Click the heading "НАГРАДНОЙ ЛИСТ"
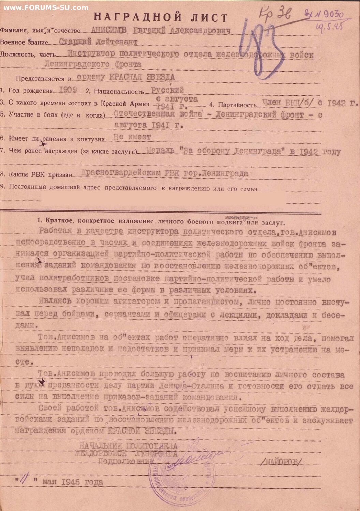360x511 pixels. (x=161, y=17)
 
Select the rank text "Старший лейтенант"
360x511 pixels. (x=98, y=42)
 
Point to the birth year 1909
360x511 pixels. (x=68, y=90)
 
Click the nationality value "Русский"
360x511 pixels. (x=167, y=90)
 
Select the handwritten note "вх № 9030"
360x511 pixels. (x=324, y=14)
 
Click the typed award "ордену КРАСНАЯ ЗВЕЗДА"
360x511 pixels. (x=126, y=77)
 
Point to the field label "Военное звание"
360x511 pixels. (x=24, y=42)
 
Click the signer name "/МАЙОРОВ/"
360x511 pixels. (x=281, y=462)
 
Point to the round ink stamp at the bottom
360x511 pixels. (x=181, y=484)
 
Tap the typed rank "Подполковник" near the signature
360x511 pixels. (x=126, y=461)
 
